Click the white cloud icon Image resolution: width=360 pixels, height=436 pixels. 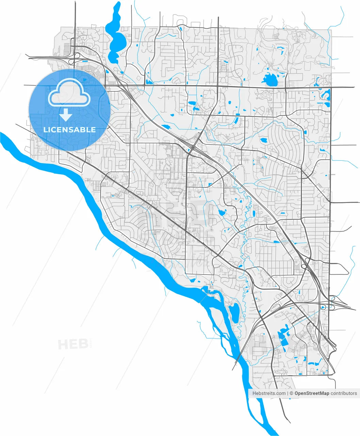coord(69,92)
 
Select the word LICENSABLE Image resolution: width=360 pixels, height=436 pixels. coord(69,130)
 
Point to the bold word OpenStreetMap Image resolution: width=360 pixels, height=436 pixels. coord(312,393)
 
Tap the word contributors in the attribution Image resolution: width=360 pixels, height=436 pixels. coord(344,393)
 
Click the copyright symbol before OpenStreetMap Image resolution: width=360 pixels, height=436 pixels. coord(292,393)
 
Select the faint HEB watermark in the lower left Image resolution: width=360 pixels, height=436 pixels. coord(73,344)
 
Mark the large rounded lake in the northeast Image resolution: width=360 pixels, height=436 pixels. coord(271,80)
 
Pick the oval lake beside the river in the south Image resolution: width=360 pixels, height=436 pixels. coord(233,312)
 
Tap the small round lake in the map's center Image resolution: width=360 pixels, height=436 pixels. coord(222,213)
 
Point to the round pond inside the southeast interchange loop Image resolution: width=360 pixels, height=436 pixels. coord(323,308)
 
